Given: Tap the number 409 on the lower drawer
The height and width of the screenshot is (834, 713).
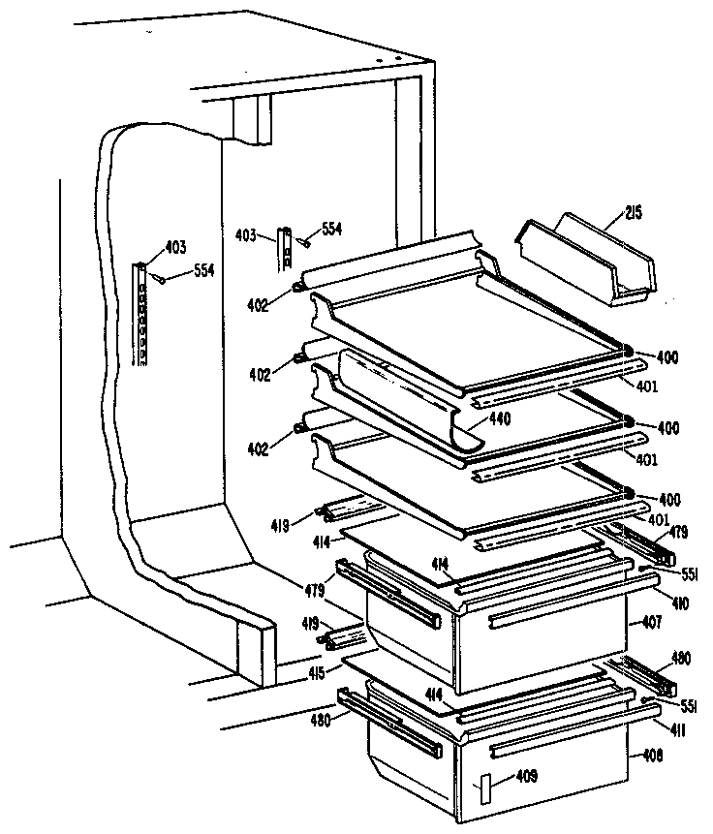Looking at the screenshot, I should coord(527,776).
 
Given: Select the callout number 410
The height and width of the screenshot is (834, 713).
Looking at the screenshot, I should coord(655,602).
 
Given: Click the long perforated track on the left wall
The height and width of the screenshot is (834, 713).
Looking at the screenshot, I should coord(141,315).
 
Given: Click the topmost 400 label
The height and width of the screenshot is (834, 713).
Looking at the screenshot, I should coord(666,357).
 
